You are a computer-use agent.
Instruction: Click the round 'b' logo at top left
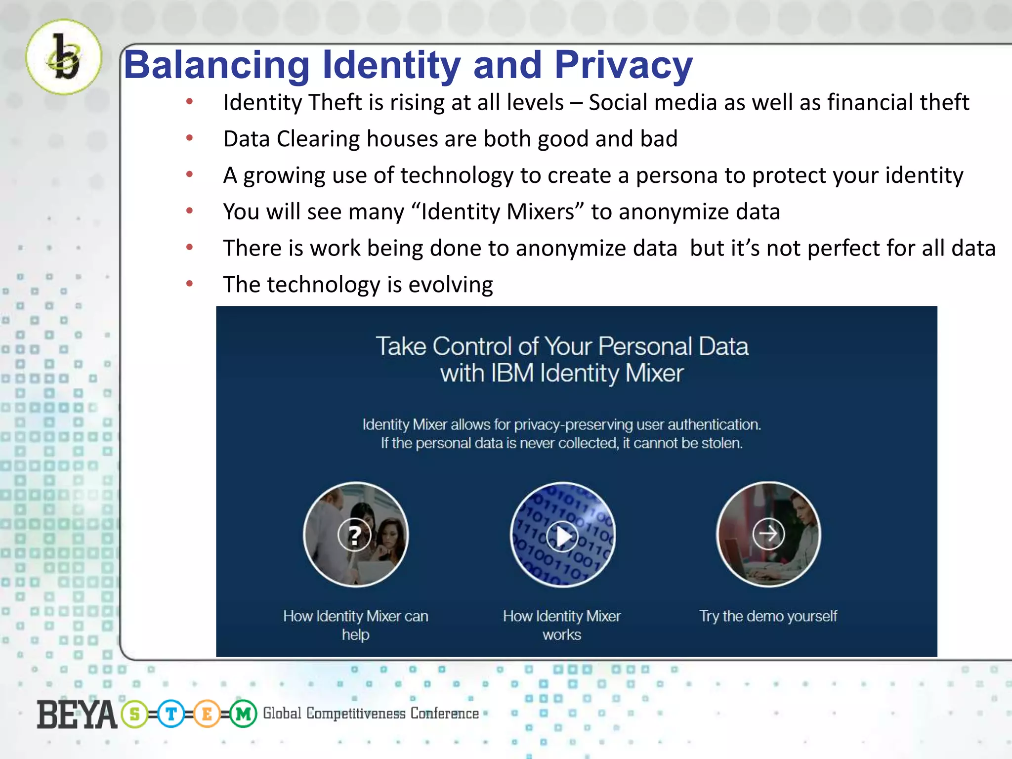pyautogui.click(x=64, y=57)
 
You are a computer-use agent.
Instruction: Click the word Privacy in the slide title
pyautogui.click(x=623, y=65)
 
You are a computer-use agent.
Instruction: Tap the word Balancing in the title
pyautogui.click(x=216, y=66)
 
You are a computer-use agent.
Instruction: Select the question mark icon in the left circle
pyautogui.click(x=354, y=535)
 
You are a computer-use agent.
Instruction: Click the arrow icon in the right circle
pyautogui.click(x=768, y=534)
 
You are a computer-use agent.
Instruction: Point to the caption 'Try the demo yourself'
pyautogui.click(x=767, y=616)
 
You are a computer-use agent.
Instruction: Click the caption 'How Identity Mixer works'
pyautogui.click(x=562, y=625)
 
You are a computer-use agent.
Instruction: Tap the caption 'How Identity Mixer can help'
pyautogui.click(x=356, y=625)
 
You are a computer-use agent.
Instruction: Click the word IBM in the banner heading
pyautogui.click(x=512, y=373)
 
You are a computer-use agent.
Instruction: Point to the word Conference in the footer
pyautogui.click(x=444, y=714)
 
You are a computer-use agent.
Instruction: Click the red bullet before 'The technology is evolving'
pyautogui.click(x=189, y=284)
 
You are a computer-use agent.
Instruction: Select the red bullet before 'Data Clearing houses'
pyautogui.click(x=189, y=138)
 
